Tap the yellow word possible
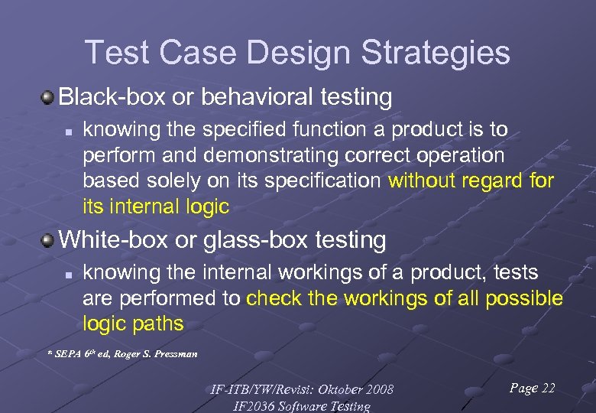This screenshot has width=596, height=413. [521, 298]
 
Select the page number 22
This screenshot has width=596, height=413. [547, 389]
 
